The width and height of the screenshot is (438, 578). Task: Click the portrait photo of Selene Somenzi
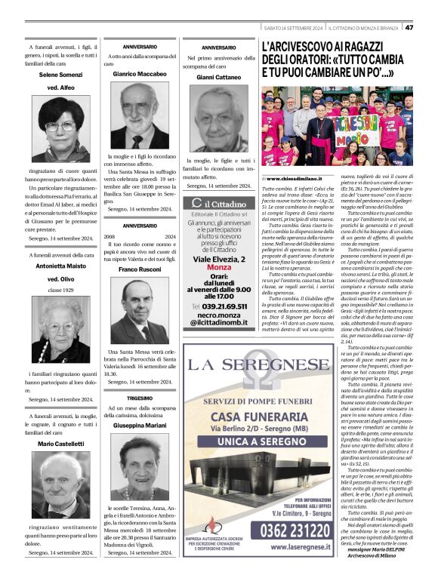tap(60, 129)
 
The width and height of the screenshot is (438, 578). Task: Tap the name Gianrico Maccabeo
tap(140, 75)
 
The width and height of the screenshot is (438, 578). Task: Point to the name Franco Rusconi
tap(140, 269)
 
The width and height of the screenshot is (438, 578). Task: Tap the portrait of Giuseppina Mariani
tap(140, 467)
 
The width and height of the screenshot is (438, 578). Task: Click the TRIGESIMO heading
tap(140, 398)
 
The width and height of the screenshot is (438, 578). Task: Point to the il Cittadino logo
tap(217, 204)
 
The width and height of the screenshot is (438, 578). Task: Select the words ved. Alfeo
tap(60, 88)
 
